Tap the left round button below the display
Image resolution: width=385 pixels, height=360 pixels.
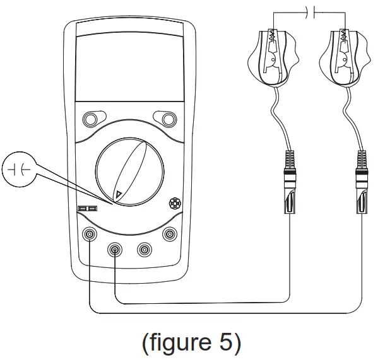pos(91,119)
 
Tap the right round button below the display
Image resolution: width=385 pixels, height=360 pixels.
pos(168,119)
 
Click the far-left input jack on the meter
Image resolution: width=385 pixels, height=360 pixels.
pos(90,235)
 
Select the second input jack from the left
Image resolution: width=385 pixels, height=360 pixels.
pos(115,250)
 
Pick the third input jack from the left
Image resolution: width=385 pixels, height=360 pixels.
pos(144,250)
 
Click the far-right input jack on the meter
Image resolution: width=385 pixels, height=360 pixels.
pos(169,235)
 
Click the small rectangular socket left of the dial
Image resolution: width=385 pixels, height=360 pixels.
pos(86,208)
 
